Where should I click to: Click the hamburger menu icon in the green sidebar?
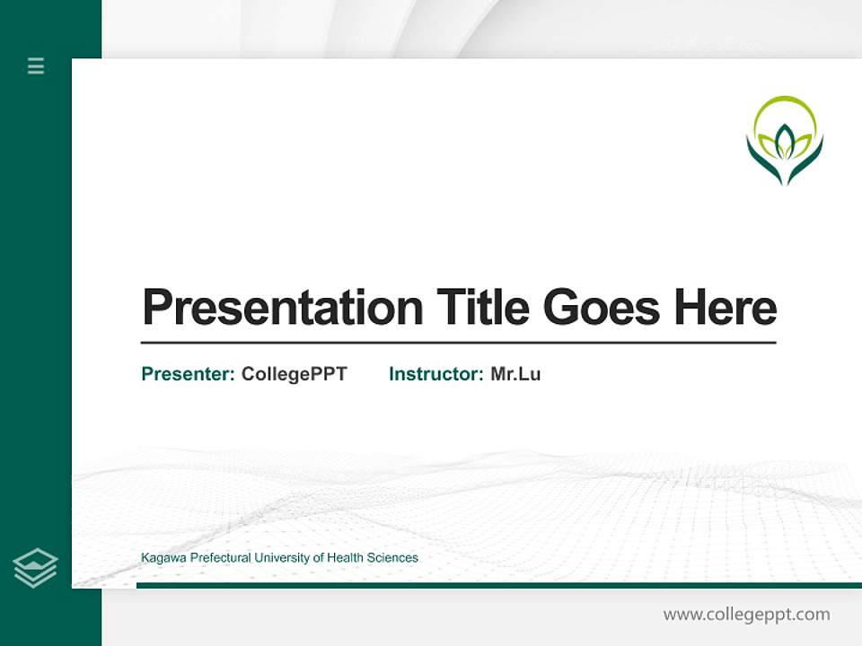click(36, 65)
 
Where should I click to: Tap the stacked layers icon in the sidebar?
click(35, 568)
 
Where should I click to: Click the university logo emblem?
click(785, 141)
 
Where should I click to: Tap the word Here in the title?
click(725, 308)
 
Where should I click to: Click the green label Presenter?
click(188, 374)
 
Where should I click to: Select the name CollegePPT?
click(294, 374)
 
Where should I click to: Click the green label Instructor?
click(435, 374)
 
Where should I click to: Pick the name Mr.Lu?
click(515, 374)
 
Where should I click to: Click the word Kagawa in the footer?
click(163, 558)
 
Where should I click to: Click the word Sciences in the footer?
click(393, 558)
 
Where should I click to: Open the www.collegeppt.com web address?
click(746, 615)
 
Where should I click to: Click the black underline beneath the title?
click(458, 343)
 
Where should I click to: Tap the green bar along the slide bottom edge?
click(498, 585)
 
